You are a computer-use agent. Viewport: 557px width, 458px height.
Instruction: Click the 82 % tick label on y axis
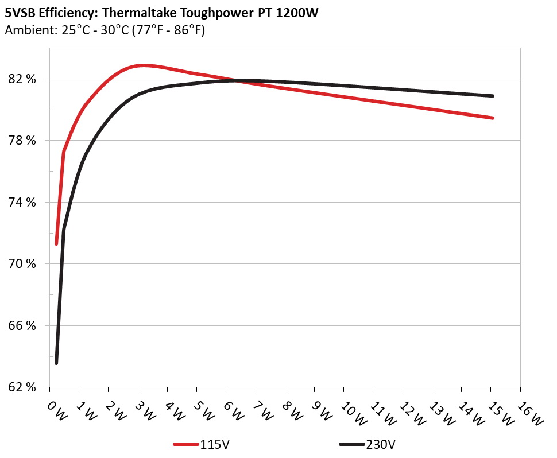click(23, 79)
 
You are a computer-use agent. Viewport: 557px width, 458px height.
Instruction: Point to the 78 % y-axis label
click(23, 141)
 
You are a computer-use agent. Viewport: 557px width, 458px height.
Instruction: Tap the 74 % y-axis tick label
click(23, 202)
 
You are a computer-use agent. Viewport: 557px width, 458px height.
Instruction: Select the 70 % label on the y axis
click(23, 264)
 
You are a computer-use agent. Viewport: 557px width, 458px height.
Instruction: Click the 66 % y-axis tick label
click(23, 325)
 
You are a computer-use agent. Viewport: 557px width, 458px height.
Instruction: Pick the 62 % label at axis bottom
click(23, 387)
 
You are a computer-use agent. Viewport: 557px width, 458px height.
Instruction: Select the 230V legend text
click(381, 444)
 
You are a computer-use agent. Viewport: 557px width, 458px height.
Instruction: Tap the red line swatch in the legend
click(187, 444)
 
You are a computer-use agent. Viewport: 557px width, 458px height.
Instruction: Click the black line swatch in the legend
click(352, 444)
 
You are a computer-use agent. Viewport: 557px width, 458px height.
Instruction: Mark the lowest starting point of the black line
click(56, 363)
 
